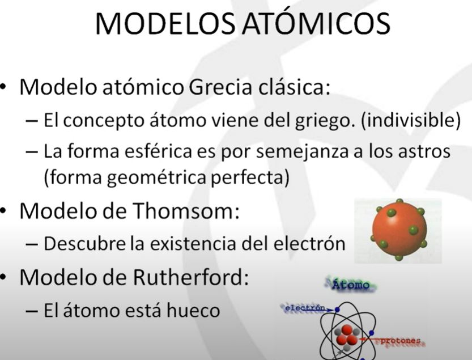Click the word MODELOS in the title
point(165,23)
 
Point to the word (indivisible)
point(411,120)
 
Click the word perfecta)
point(250,177)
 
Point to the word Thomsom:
point(186,210)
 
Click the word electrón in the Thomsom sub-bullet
point(309,243)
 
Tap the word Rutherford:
point(191,277)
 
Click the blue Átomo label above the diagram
point(351,285)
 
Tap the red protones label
point(401,341)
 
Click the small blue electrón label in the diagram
point(305,308)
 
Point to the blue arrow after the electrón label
point(329,310)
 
